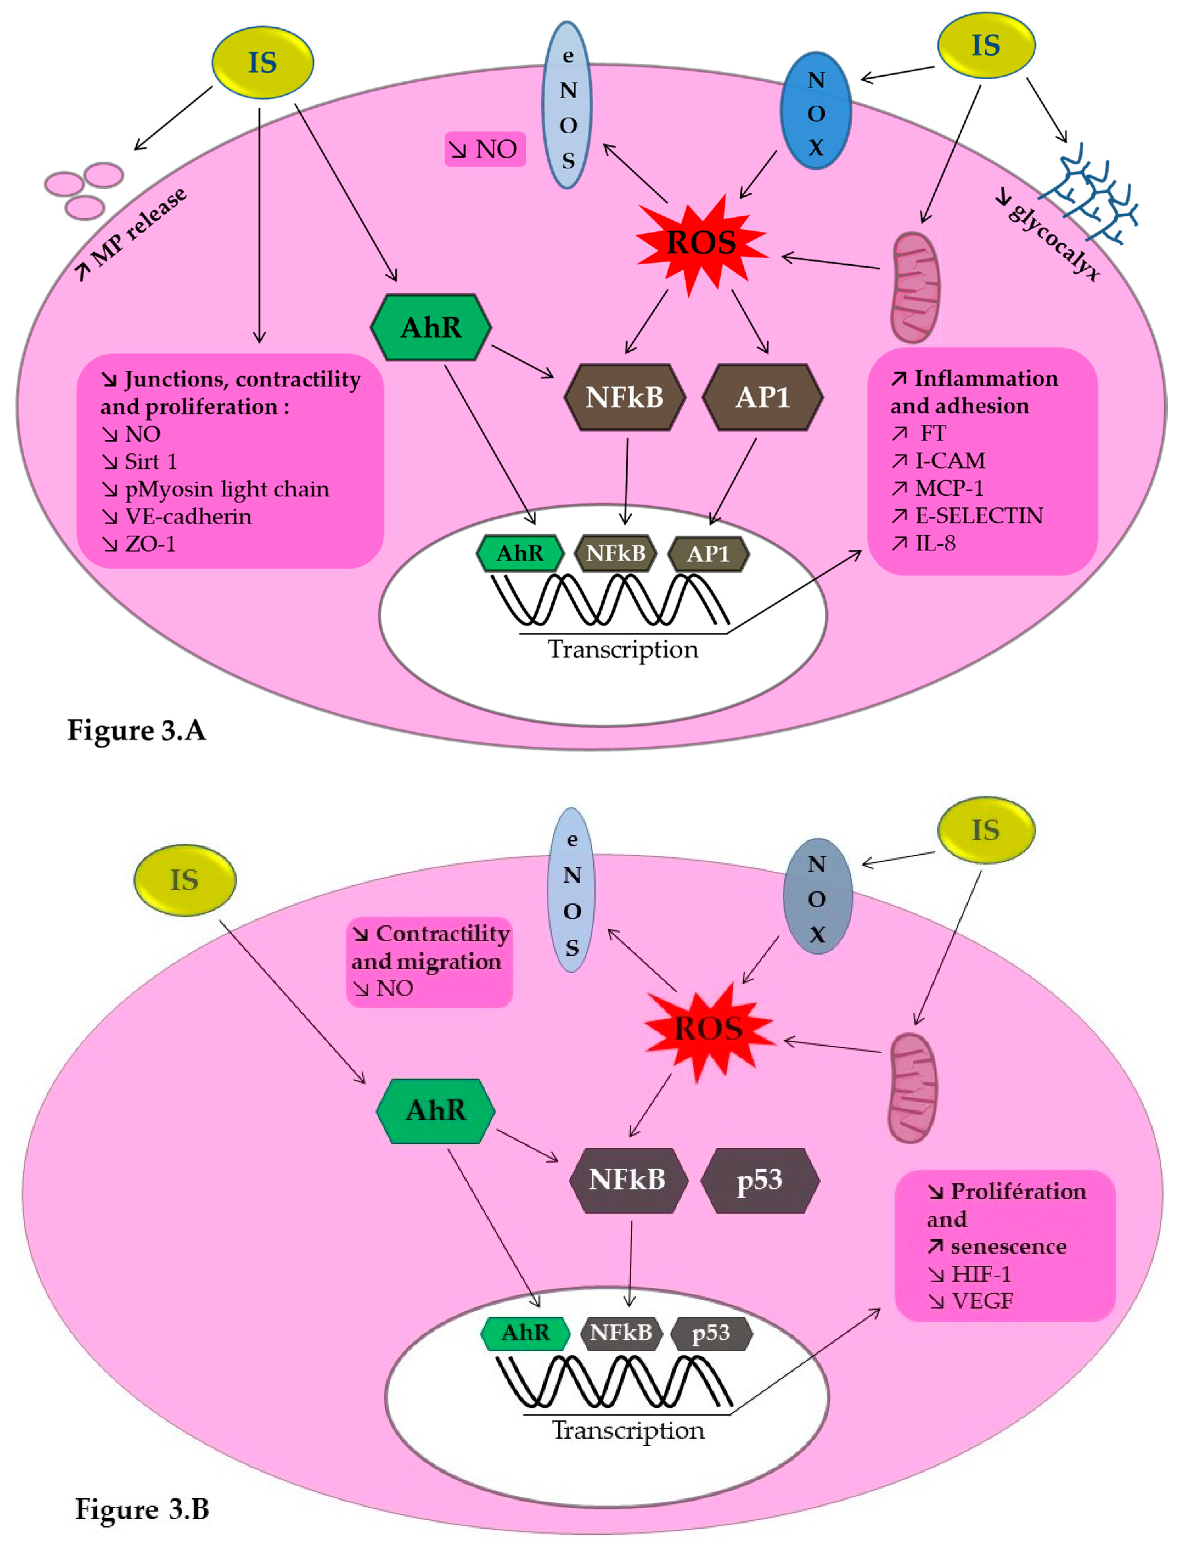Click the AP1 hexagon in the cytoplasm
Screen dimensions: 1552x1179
click(763, 397)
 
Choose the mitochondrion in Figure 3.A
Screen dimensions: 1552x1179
click(915, 288)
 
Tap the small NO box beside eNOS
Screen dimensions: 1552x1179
click(485, 149)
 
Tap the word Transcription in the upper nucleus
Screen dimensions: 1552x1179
click(623, 649)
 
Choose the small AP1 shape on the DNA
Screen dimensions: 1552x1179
click(708, 554)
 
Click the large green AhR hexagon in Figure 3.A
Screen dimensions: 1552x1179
click(431, 327)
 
